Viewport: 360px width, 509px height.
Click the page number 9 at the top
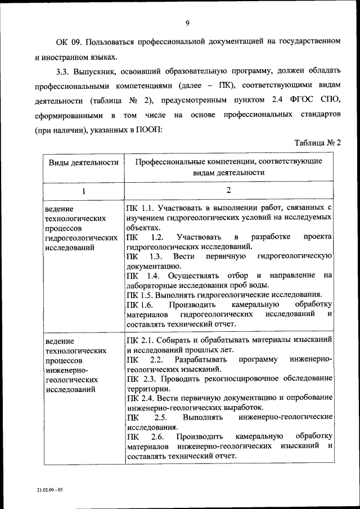(187, 22)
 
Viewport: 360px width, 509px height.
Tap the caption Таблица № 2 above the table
(318, 142)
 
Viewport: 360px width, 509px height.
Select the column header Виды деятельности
(84, 162)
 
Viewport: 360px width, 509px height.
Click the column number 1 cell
(84, 191)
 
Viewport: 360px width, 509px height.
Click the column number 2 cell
(228, 190)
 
